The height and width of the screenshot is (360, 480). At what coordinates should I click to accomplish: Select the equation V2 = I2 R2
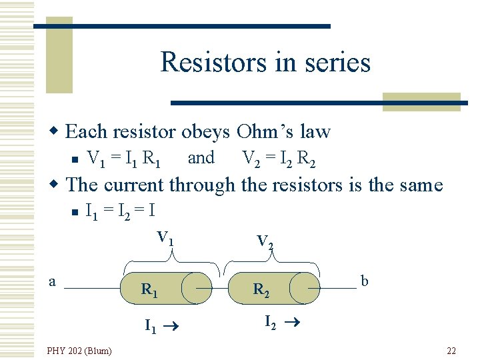279,159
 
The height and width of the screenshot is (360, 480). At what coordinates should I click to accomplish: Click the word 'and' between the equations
201,158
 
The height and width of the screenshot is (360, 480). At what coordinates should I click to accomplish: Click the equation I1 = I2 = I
121,211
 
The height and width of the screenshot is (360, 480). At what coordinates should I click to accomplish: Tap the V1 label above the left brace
165,237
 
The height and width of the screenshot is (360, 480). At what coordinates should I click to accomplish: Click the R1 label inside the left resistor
149,290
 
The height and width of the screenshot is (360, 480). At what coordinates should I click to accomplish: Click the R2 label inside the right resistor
261,290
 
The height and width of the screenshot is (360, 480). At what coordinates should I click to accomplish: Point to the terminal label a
53,281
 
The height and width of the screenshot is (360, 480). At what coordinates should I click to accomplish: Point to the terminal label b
364,281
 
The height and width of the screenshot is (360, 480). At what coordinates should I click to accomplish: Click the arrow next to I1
176,327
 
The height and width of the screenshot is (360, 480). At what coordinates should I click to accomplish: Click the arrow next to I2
292,323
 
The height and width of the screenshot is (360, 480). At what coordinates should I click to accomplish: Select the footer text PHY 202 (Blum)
79,351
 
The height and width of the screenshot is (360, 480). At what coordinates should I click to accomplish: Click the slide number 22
451,351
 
